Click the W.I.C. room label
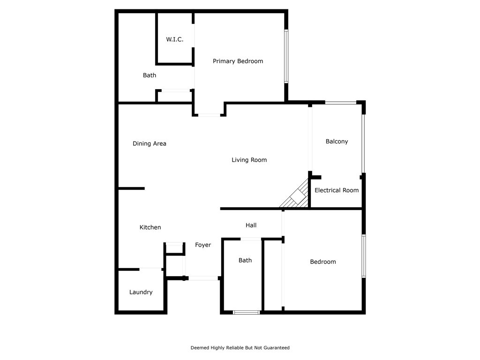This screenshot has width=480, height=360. tap(174, 39)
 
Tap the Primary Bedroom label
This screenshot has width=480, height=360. tap(238, 61)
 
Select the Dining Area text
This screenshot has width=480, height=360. tap(149, 143)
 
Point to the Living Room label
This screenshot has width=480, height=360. tap(249, 160)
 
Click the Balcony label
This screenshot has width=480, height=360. tap(337, 141)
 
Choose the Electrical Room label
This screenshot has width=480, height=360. tap(336, 190)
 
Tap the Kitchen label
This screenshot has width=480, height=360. tap(150, 227)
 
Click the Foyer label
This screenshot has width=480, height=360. tap(203, 245)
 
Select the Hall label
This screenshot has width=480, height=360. tap(251, 225)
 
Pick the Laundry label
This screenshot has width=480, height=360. tap(141, 292)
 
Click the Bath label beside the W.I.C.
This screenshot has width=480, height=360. tap(150, 75)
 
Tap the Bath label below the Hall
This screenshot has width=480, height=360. tap(245, 260)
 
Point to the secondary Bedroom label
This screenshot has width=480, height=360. tap(322, 262)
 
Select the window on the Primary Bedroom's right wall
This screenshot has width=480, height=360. tap(286, 56)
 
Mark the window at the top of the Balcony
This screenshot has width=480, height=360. tap(341, 102)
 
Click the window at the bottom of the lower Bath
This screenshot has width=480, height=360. tap(246, 312)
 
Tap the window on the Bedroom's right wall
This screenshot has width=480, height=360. tap(363, 256)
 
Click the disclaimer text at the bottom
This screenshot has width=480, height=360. tap(240, 348)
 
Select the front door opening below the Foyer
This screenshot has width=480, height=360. tap(203, 278)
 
